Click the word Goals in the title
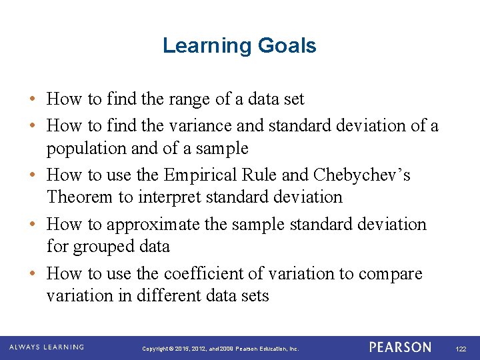tap(289, 46)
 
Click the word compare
tap(391, 273)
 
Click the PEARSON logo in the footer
tap(400, 347)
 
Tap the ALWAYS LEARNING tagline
tap(47, 347)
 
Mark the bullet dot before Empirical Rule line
tap(32, 175)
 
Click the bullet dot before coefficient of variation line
tap(32, 274)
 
